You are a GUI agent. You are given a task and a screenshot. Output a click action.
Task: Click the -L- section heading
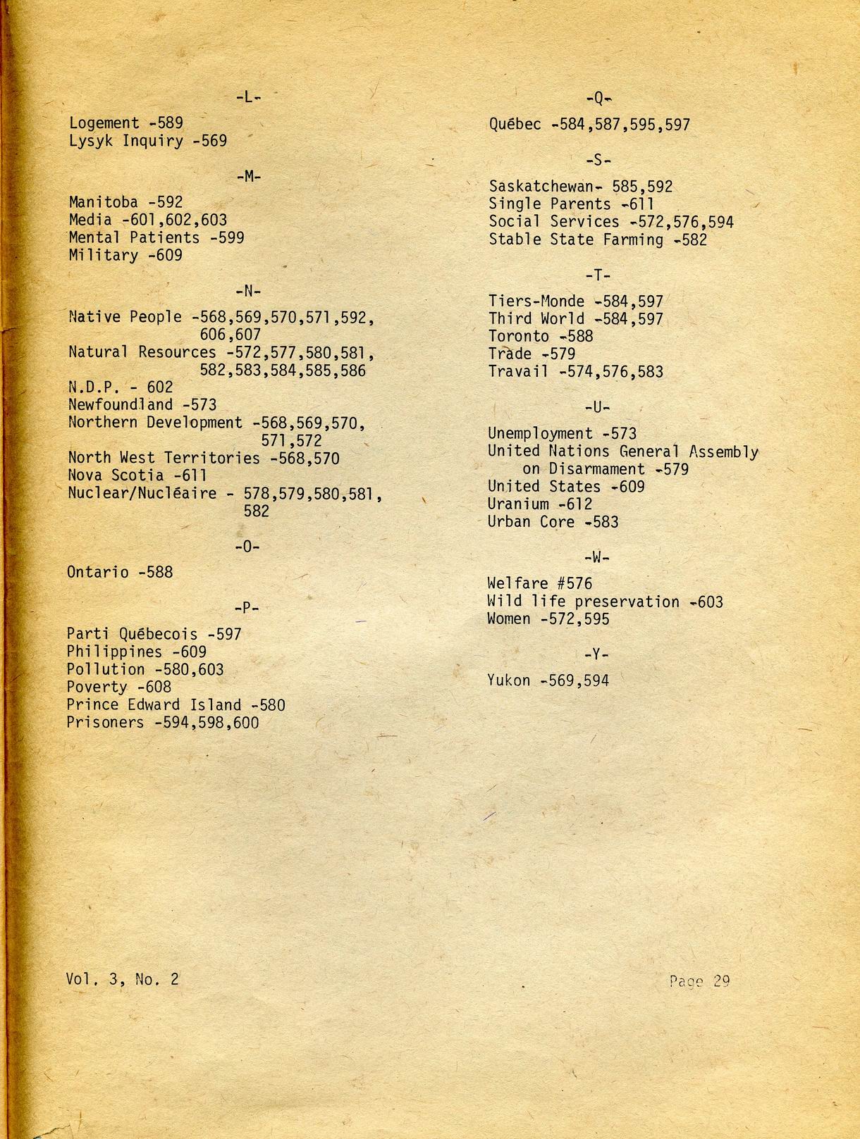point(248,97)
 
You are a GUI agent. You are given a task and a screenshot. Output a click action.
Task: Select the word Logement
point(104,124)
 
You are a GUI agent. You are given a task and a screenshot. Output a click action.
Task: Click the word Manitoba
point(104,203)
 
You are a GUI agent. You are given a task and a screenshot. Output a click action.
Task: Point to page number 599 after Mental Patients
point(231,238)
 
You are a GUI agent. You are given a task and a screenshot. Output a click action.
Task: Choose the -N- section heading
point(248,291)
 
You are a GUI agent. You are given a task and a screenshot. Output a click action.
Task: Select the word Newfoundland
point(121,405)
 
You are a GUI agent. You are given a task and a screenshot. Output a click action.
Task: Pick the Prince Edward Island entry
point(154,705)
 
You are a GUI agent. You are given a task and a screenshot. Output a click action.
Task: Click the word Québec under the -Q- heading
point(515,125)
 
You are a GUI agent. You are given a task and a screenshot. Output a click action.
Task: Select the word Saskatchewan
point(541,187)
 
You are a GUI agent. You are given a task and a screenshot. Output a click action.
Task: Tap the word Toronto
point(518,337)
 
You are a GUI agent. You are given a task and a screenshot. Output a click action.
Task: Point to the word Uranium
point(518,504)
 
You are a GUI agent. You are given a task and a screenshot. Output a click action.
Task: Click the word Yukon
point(508,680)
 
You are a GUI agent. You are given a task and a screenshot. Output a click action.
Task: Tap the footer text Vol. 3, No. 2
point(122,978)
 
